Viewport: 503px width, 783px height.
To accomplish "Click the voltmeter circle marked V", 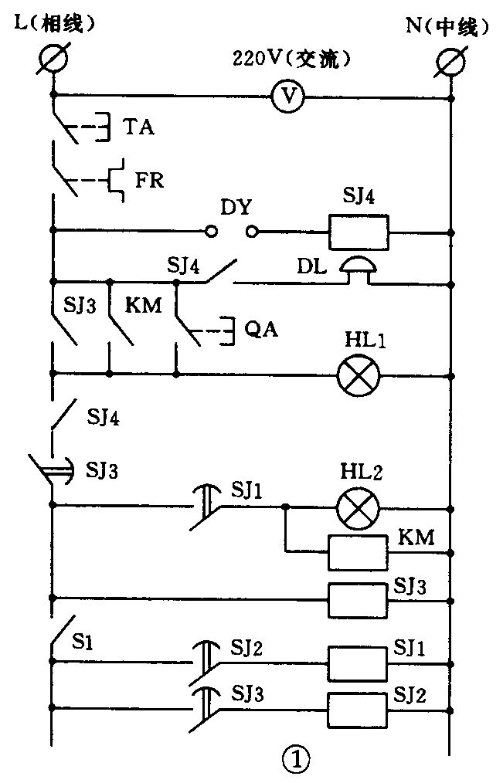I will coord(288,96).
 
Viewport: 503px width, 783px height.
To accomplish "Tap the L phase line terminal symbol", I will coord(54,59).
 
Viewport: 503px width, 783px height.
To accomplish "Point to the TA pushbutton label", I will coord(138,127).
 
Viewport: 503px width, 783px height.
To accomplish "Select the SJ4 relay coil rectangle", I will coord(358,230).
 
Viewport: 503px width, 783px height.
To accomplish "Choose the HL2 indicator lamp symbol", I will coord(358,507).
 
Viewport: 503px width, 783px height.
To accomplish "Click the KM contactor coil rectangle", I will coord(358,551).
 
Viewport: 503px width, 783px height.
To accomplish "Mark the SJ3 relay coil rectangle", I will coord(358,597).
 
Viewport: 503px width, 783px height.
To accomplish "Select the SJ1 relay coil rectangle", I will coord(358,662).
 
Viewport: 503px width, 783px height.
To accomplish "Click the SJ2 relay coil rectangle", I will coord(358,707).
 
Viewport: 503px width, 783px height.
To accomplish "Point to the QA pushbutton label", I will coord(260,330).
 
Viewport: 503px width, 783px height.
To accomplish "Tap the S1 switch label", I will coord(84,640).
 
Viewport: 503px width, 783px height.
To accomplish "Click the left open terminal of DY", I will coord(211,230).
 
